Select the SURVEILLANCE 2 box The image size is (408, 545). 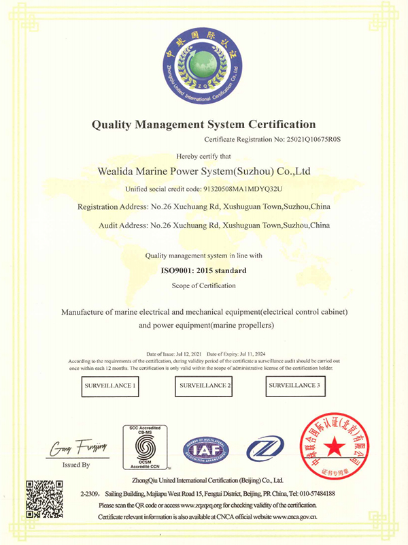tap(205, 386)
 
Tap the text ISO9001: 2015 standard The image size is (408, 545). tap(203, 270)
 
